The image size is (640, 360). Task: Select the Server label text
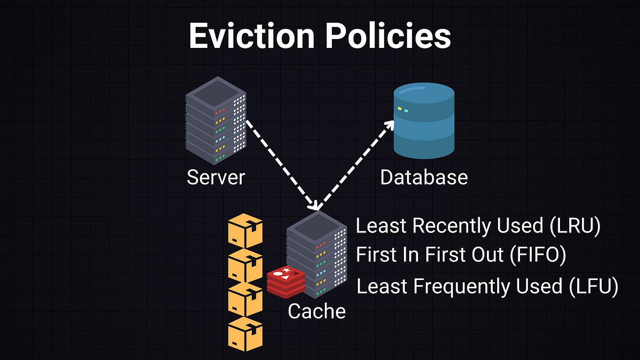(216, 177)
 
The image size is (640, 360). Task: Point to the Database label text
(424, 177)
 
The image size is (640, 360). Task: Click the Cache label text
(316, 311)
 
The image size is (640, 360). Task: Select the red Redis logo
(286, 280)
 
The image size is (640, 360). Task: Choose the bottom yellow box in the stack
(245, 334)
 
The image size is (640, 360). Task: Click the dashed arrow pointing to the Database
(354, 165)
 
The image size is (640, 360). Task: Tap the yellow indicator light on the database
(400, 108)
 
